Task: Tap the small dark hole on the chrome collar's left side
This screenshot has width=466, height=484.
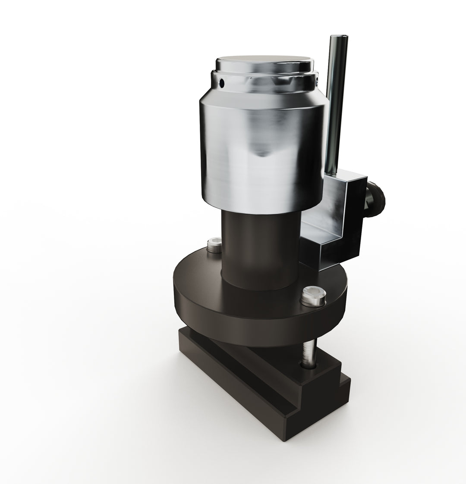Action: point(222,82)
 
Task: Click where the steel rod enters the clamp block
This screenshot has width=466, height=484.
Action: point(331,172)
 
